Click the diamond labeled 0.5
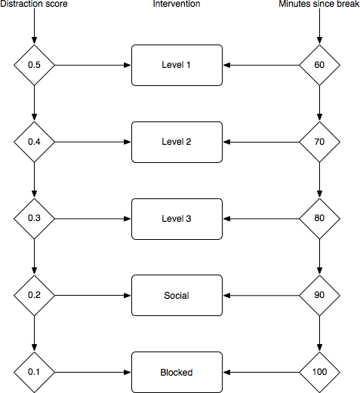point(34,65)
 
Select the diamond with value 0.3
point(34,219)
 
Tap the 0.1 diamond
point(34,372)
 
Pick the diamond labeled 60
point(319,65)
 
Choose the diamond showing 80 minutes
point(319,219)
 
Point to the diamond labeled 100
point(319,372)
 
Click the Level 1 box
point(177,65)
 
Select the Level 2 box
point(177,142)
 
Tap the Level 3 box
point(177,219)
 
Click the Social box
point(177,296)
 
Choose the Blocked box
point(177,372)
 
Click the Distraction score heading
point(34,4)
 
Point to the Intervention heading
point(177,4)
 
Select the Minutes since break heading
point(319,4)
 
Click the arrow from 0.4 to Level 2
point(93,142)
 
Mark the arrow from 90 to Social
point(261,296)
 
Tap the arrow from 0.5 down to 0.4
point(34,103)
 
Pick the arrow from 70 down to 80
point(319,180)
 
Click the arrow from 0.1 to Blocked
point(93,372)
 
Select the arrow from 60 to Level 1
point(261,65)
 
